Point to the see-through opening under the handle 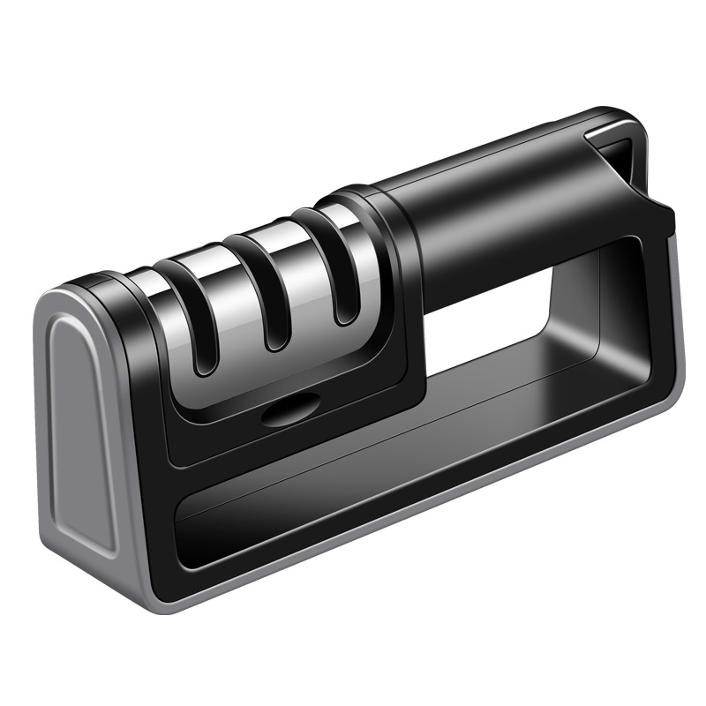coord(494,327)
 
